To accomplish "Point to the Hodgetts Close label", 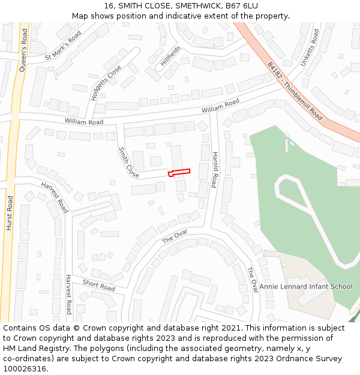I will tap(106, 82).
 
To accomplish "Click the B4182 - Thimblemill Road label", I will tap(295, 91).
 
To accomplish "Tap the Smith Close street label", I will tap(128, 162).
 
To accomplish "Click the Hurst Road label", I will tap(9, 213).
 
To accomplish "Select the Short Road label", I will tap(98, 285).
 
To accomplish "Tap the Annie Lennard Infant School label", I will tap(305, 286).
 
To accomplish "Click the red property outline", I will tap(179, 173).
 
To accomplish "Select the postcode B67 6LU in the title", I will tap(241, 5).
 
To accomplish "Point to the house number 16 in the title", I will tap(109, 5).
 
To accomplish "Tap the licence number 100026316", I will tap(25, 369).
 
